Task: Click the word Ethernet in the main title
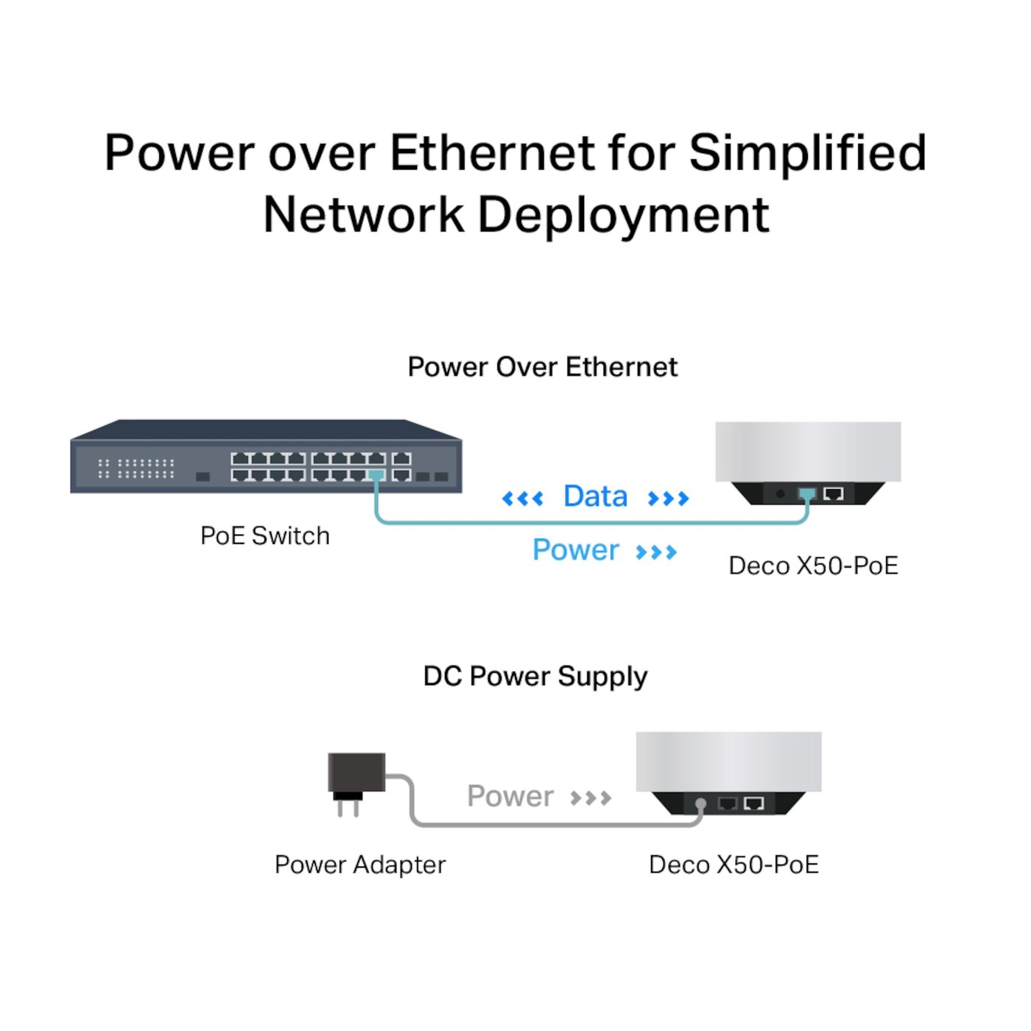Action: pos(492,153)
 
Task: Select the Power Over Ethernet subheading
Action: pos(542,367)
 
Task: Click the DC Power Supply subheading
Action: pos(535,676)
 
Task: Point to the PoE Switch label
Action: pos(264,535)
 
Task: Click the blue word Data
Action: pos(595,496)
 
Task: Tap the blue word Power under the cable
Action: pos(575,550)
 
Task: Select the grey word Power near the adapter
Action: pos(510,796)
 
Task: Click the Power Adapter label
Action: pos(359,864)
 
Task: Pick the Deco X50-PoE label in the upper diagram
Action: pos(813,566)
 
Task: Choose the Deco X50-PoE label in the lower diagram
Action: pos(733,864)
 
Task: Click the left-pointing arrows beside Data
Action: pos(522,499)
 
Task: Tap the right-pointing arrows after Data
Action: pos(668,499)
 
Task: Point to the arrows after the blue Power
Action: pos(656,552)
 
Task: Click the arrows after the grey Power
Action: pos(591,798)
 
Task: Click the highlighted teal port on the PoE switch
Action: pos(376,475)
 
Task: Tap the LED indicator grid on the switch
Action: pos(136,468)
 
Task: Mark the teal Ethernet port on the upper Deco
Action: pos(807,493)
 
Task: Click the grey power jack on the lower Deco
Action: pos(701,804)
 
